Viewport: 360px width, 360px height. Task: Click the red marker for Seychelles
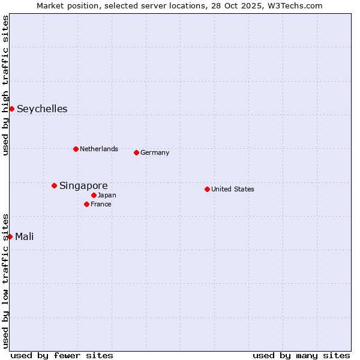pyautogui.click(x=11, y=109)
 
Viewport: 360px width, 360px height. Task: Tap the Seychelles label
pyautogui.click(x=42, y=109)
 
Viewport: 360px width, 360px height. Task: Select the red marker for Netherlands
pyautogui.click(x=76, y=149)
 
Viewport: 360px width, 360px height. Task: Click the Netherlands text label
pyautogui.click(x=99, y=149)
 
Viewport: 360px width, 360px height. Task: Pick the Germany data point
pyautogui.click(x=136, y=152)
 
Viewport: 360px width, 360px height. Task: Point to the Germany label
pyautogui.click(x=155, y=152)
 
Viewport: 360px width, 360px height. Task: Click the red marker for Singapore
pyautogui.click(x=54, y=185)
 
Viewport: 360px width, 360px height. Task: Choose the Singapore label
pyautogui.click(x=83, y=185)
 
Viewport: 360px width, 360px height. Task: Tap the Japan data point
pyautogui.click(x=94, y=195)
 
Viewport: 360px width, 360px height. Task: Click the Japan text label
pyautogui.click(x=107, y=195)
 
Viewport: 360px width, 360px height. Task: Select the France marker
pyautogui.click(x=86, y=204)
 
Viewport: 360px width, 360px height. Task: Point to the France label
pyautogui.click(x=101, y=204)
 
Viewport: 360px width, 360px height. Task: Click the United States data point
pyautogui.click(x=207, y=189)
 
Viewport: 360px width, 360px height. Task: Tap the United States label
pyautogui.click(x=233, y=189)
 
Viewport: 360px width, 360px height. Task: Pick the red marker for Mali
pyautogui.click(x=10, y=236)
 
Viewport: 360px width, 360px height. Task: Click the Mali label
pyautogui.click(x=25, y=236)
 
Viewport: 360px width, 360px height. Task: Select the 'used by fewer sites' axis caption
pyautogui.click(x=62, y=355)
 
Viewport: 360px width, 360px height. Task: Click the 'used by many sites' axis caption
pyautogui.click(x=301, y=355)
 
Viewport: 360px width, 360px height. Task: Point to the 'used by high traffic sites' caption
pyautogui.click(x=5, y=85)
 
